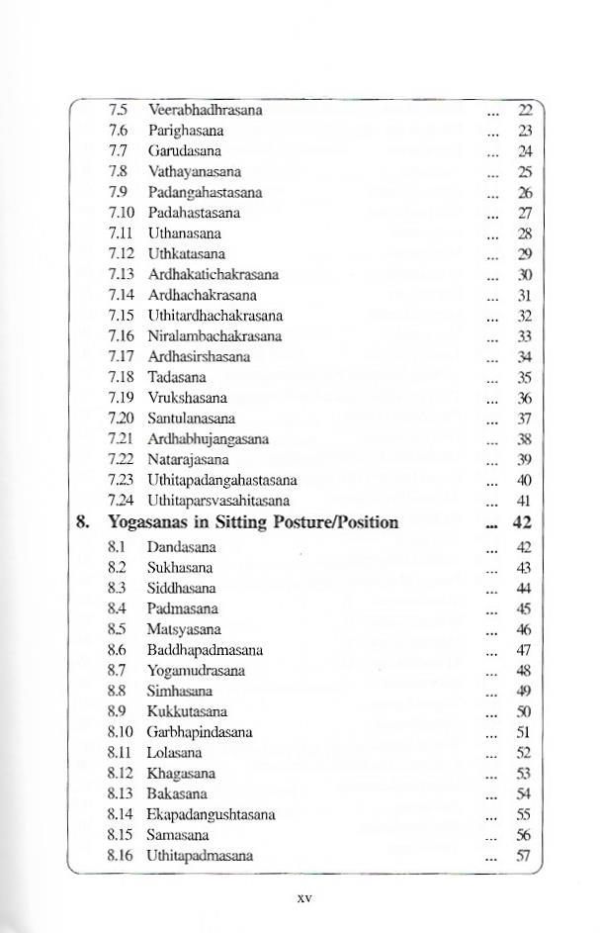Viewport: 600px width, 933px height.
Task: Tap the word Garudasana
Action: [x=184, y=151]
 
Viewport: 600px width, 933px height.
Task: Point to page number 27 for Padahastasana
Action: [x=526, y=213]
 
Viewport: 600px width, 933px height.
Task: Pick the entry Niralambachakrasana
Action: [x=214, y=336]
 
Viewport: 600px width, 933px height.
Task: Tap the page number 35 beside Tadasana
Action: [x=526, y=377]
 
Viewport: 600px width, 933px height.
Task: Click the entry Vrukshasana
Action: [x=187, y=398]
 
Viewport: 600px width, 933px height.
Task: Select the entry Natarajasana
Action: [x=188, y=459]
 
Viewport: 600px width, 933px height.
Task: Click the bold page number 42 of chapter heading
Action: [x=524, y=522]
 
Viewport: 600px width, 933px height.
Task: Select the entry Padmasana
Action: [x=182, y=608]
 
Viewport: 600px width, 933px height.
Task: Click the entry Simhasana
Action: [x=180, y=691]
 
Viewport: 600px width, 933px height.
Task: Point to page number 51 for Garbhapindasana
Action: [x=525, y=732]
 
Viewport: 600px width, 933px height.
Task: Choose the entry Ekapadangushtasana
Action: [x=211, y=814]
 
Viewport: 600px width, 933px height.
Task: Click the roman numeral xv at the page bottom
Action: [x=304, y=899]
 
